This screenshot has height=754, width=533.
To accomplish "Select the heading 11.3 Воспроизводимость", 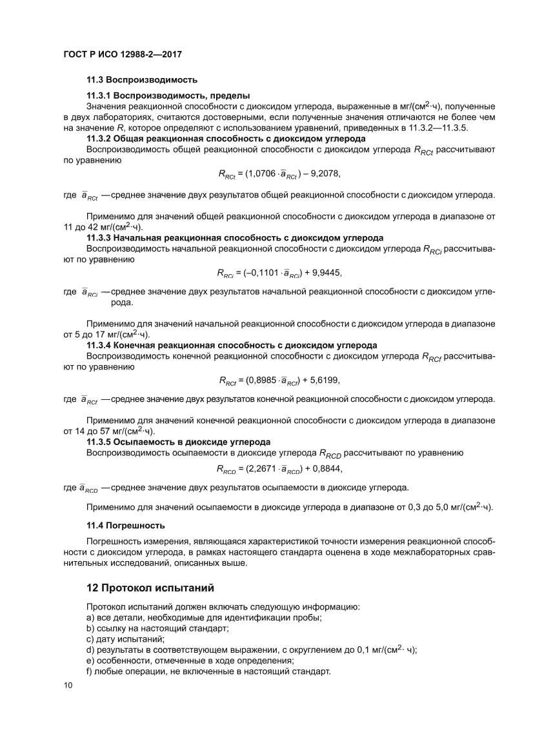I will (141, 80).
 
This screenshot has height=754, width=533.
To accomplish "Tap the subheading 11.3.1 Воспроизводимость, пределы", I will (168, 95).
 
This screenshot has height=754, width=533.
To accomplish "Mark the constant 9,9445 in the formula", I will (325, 273).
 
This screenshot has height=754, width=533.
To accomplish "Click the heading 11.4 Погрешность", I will (125, 525).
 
